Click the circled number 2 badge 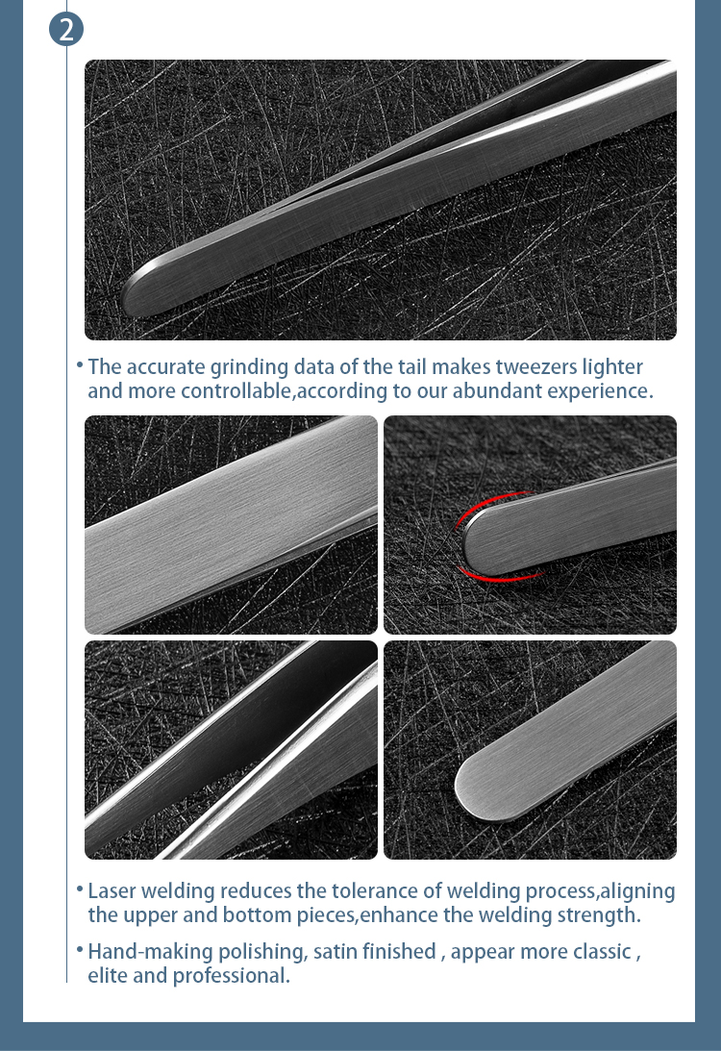pyautogui.click(x=66, y=29)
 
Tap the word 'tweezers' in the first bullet pyautogui.click(x=533, y=367)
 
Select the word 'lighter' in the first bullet pyautogui.click(x=611, y=367)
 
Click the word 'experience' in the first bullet pyautogui.click(x=598, y=391)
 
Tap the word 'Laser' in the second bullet pyautogui.click(x=112, y=891)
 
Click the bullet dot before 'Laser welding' pyautogui.click(x=79, y=890)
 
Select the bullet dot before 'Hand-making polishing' pyautogui.click(x=79, y=950)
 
